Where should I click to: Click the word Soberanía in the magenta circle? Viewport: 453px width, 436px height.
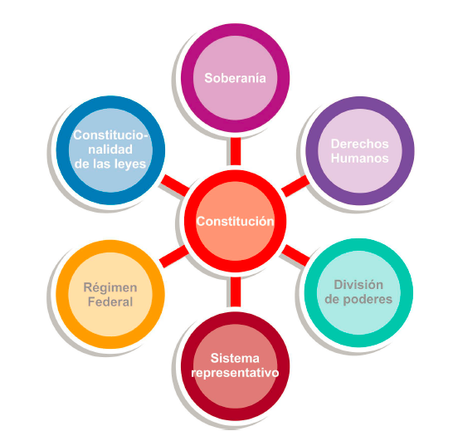(x=235, y=78)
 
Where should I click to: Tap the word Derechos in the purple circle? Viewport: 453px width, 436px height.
(x=360, y=144)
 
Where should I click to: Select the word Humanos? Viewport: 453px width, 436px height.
(x=360, y=158)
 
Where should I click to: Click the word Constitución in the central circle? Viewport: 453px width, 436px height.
(x=235, y=222)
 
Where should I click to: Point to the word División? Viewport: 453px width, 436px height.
(x=358, y=285)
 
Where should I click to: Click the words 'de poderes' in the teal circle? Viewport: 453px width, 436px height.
(x=358, y=299)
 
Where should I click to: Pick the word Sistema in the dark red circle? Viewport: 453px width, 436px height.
(x=235, y=358)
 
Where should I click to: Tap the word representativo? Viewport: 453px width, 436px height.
(x=235, y=373)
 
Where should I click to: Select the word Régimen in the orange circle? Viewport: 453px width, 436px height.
(x=110, y=287)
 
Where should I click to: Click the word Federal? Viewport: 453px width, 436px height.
(x=110, y=301)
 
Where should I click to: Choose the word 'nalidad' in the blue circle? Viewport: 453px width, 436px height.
(x=110, y=149)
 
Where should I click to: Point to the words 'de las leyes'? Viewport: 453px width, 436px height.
(x=110, y=164)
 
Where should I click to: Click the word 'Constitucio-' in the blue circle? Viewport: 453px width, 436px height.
(x=110, y=135)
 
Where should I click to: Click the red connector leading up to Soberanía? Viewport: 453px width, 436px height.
(x=236, y=151)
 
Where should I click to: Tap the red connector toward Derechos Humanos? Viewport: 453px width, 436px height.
(x=295, y=186)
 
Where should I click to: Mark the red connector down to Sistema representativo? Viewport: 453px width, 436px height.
(x=236, y=291)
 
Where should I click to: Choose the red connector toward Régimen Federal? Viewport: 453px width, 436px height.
(x=174, y=257)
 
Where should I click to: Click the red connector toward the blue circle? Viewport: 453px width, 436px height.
(x=175, y=186)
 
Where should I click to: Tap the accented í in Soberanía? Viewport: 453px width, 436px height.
(x=257, y=78)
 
